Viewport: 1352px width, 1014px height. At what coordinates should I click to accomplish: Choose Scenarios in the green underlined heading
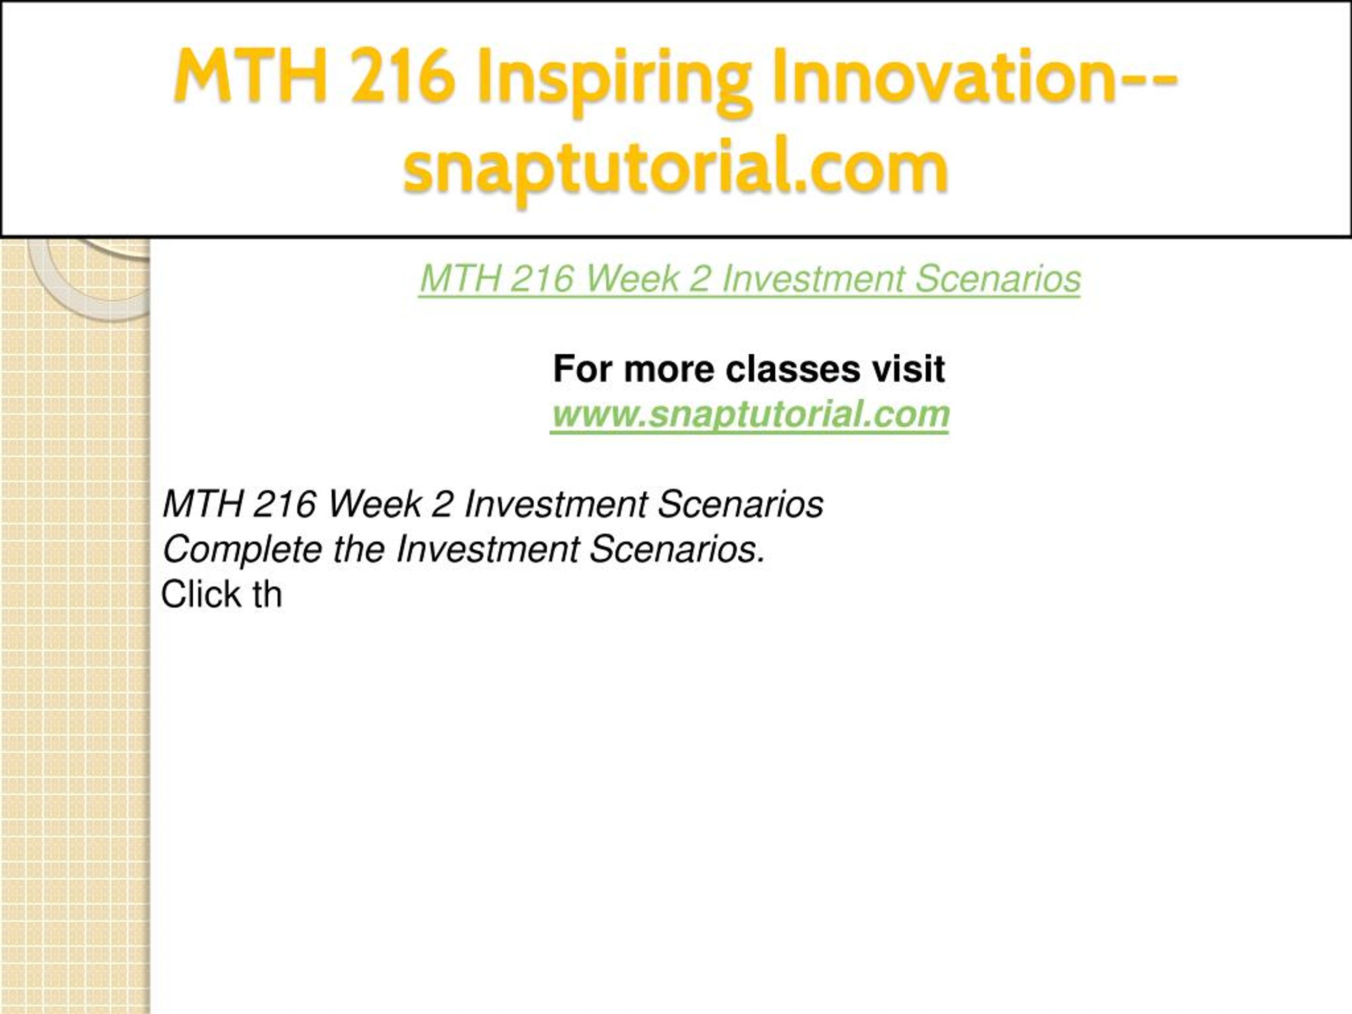pyautogui.click(x=998, y=279)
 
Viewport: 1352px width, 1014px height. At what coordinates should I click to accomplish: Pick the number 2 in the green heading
pyautogui.click(x=700, y=279)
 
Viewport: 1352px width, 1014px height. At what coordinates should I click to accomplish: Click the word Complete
pyautogui.click(x=242, y=549)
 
